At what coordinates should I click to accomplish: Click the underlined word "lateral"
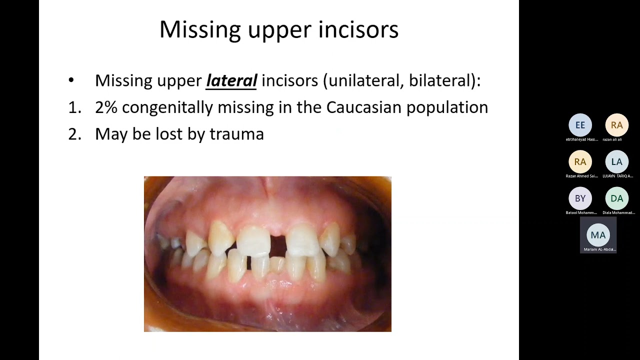(231, 80)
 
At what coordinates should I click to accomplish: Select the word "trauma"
(236, 134)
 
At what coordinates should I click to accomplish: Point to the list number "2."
(74, 134)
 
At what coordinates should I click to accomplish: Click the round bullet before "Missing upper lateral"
(71, 80)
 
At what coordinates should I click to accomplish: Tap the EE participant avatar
(580, 125)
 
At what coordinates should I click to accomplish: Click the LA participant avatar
(616, 161)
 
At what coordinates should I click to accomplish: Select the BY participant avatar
(580, 198)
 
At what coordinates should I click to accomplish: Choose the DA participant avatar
(616, 198)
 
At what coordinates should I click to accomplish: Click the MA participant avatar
(598, 235)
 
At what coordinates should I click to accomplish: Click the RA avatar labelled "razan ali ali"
(616, 125)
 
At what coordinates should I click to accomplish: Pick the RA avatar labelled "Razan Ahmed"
(580, 161)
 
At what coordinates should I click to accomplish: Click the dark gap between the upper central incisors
(277, 245)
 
